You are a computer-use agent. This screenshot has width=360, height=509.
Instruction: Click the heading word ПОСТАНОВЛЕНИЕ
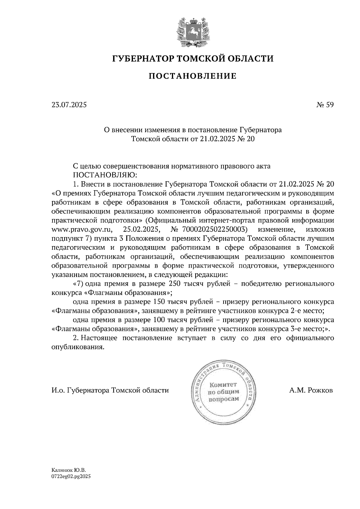(x=192, y=76)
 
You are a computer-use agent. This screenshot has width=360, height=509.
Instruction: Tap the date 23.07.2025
(x=69, y=105)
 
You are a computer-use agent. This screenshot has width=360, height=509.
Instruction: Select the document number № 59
(x=325, y=105)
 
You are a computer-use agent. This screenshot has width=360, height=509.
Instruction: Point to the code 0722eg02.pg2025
(x=71, y=476)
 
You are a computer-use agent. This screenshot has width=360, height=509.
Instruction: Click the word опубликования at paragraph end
(x=78, y=347)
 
